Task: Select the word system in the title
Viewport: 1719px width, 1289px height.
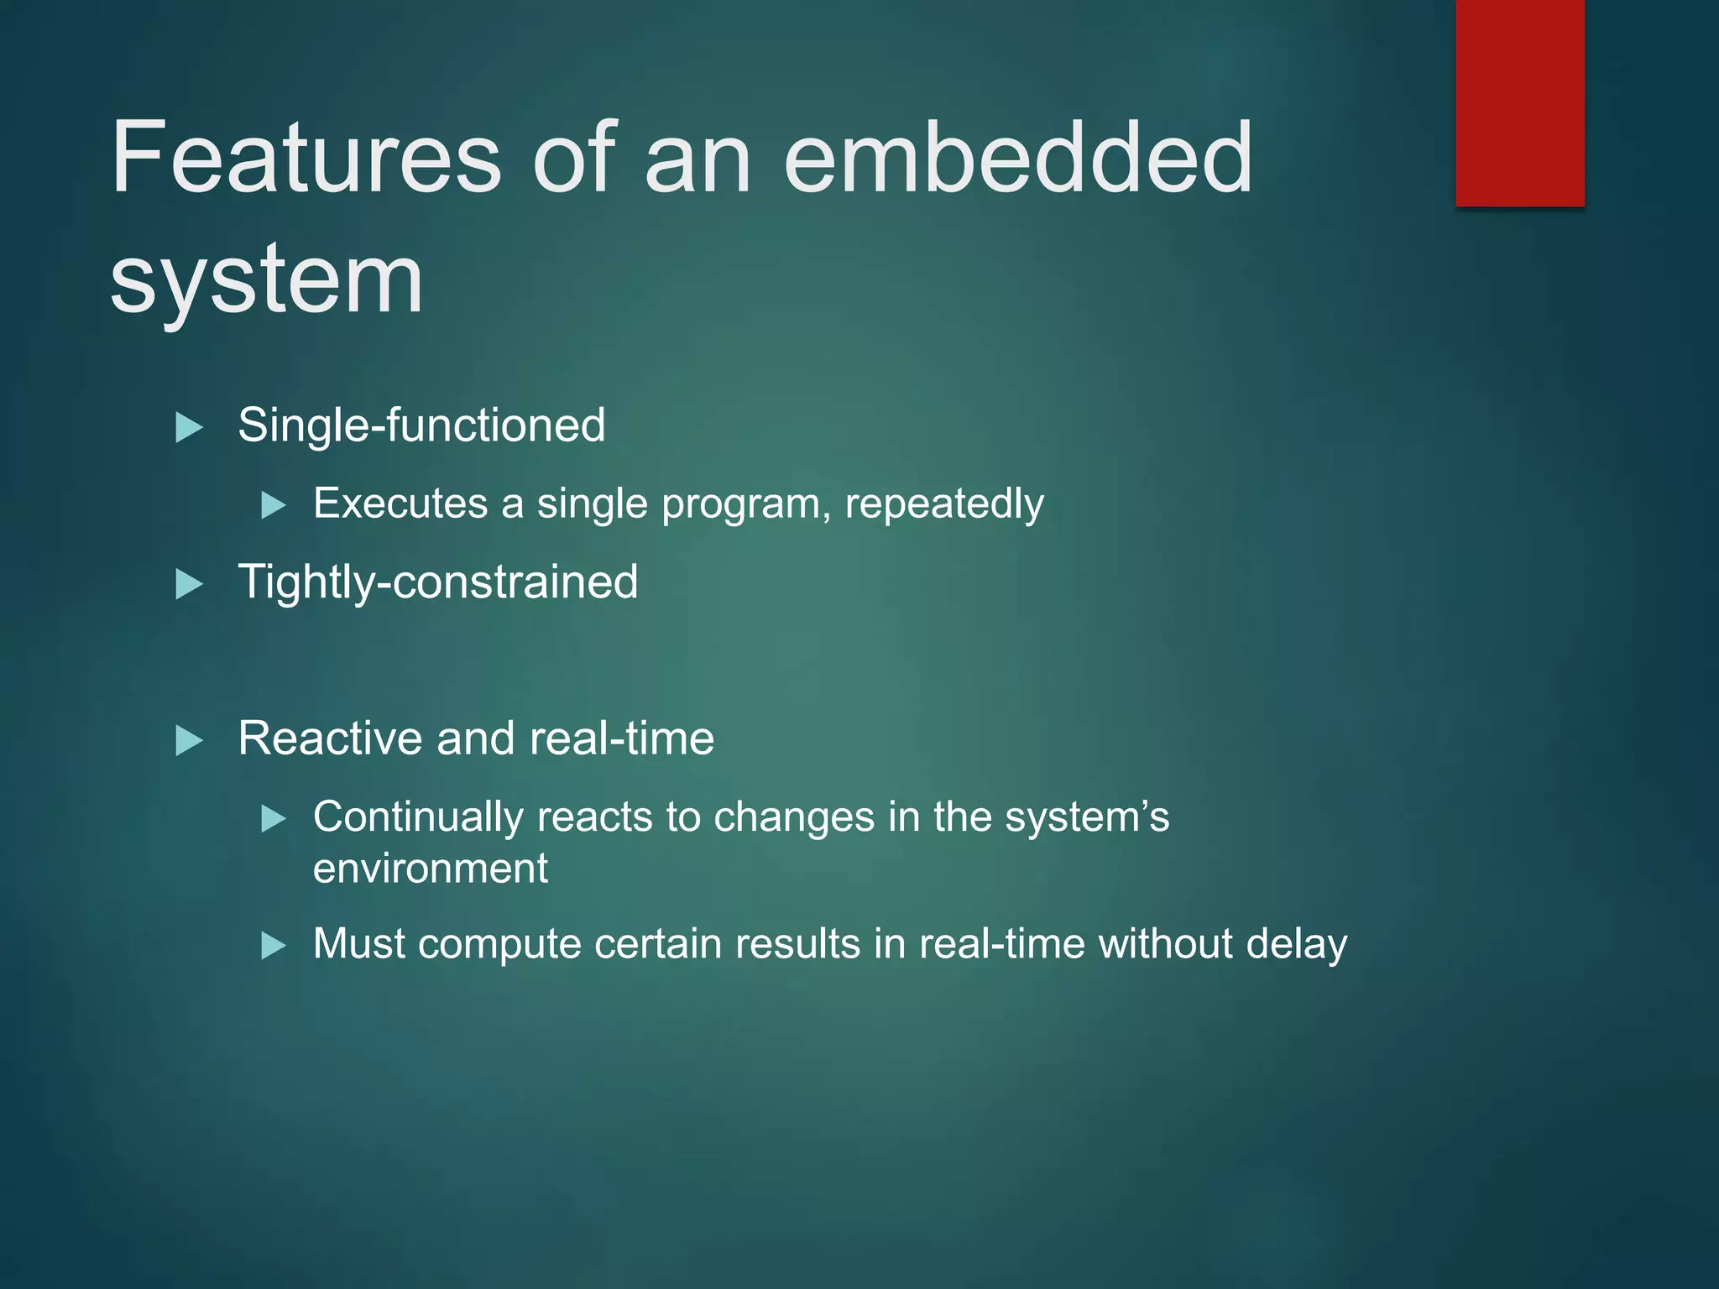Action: point(267,281)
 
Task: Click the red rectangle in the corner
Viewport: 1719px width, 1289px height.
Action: point(1519,102)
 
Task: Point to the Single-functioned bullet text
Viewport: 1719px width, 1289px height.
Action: point(421,425)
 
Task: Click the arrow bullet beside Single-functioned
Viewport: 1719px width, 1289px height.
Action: point(189,427)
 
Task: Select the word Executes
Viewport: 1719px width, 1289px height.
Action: point(400,504)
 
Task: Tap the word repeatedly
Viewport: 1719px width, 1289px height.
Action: point(944,504)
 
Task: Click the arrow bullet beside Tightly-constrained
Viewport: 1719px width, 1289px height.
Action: point(189,584)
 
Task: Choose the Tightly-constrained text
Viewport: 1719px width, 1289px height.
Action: point(437,582)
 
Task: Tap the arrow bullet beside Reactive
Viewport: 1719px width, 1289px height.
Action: point(189,741)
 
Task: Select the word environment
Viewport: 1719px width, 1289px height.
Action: point(430,868)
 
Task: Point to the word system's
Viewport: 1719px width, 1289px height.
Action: point(1086,817)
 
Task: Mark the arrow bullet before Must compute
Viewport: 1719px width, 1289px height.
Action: point(274,946)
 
